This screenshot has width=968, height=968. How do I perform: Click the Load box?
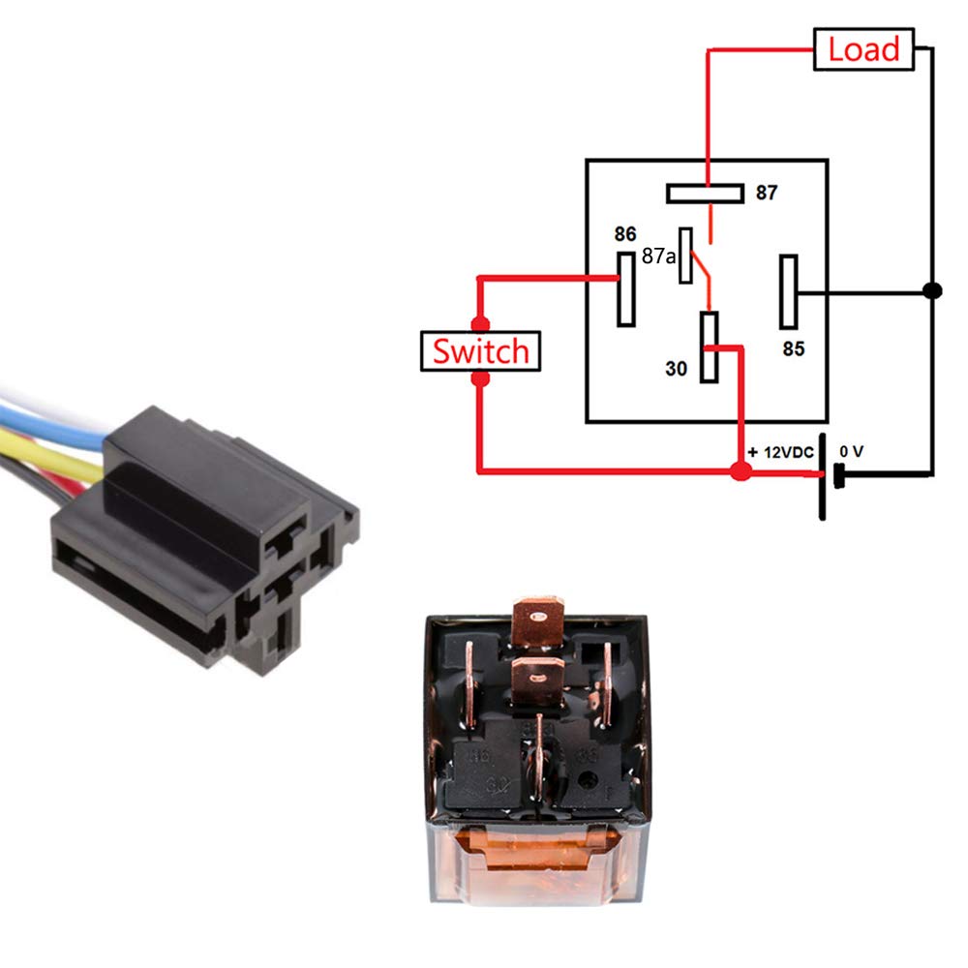coord(864,48)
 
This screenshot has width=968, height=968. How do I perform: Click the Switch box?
coord(480,350)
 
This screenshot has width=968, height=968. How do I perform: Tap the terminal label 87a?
coord(658,257)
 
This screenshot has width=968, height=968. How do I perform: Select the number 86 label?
coord(625,234)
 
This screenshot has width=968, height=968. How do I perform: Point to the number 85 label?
coord(794,348)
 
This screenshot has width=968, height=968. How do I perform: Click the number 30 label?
coord(677,368)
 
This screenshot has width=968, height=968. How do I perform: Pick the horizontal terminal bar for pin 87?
coord(705,193)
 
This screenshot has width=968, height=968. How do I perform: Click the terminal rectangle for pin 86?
coord(626,288)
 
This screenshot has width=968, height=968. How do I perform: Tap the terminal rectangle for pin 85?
coord(789,292)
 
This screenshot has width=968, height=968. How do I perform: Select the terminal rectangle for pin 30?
coord(710,346)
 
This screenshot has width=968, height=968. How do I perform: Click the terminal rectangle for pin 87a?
coord(686,256)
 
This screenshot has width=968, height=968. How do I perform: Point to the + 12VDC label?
coord(780,453)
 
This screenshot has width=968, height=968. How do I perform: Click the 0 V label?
coord(851,451)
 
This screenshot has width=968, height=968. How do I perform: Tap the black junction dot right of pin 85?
coord(931,290)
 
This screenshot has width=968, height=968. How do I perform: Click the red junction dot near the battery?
coord(741,472)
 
